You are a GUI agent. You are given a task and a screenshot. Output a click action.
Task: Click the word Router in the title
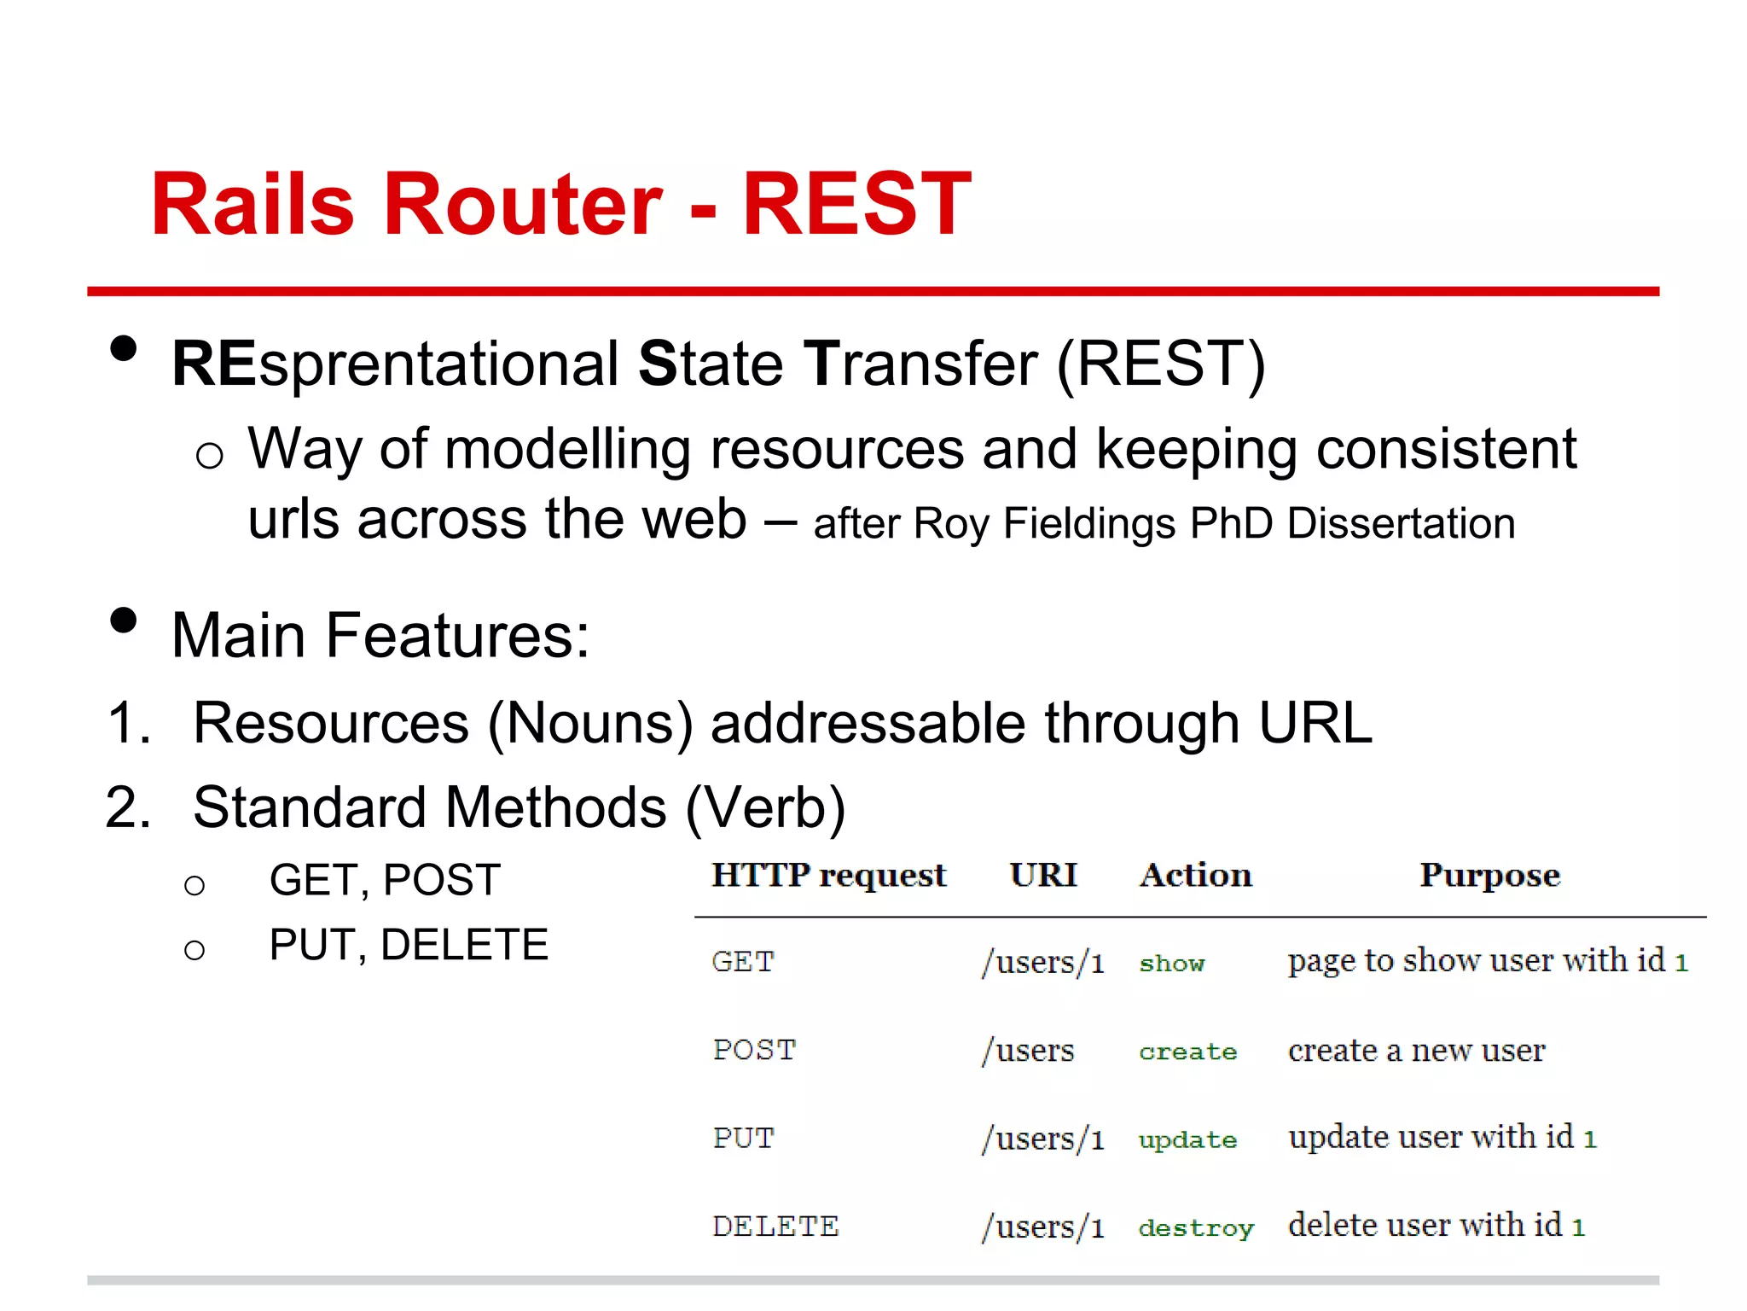[522, 205]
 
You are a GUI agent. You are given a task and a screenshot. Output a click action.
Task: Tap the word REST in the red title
[856, 205]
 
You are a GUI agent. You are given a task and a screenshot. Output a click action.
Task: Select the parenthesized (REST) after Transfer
[1161, 364]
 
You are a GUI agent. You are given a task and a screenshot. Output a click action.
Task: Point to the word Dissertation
[1401, 523]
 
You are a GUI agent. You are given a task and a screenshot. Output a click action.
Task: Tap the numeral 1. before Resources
[129, 723]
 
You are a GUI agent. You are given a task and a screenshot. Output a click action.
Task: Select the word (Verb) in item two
[765, 807]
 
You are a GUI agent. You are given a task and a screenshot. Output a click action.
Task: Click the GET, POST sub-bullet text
[385, 880]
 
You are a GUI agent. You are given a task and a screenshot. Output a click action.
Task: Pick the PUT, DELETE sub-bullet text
[409, 945]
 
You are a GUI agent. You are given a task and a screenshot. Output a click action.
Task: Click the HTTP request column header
[829, 876]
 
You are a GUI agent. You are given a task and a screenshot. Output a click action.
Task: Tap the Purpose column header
[1489, 876]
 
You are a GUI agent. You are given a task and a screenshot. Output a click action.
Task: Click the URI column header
[1043, 876]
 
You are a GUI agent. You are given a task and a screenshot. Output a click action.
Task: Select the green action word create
[1187, 1052]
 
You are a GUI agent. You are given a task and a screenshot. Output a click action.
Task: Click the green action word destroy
[1196, 1228]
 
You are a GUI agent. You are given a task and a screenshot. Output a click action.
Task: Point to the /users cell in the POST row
[1029, 1050]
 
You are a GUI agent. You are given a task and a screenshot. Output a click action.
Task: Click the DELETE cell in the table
[775, 1227]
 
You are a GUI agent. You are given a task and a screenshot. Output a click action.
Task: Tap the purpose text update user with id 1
[1442, 1138]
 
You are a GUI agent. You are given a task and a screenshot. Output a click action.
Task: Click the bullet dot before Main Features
[124, 621]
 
